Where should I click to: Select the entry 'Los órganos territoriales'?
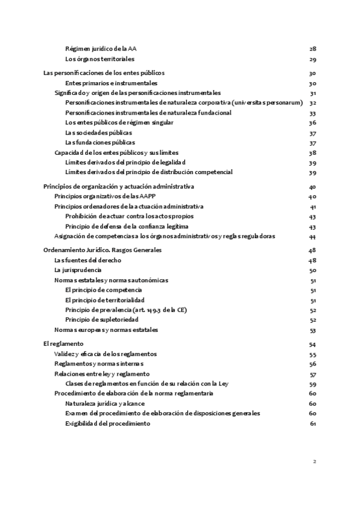click(x=100, y=59)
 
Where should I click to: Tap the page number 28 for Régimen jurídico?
click(x=313, y=49)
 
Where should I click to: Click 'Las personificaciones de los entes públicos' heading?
click(x=104, y=73)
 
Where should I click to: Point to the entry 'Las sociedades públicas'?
click(x=99, y=132)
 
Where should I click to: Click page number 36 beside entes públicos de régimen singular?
click(x=313, y=122)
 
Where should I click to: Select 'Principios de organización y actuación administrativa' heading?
click(x=119, y=186)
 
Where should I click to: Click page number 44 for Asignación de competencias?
click(x=313, y=236)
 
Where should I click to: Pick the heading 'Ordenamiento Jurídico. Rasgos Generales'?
click(x=103, y=250)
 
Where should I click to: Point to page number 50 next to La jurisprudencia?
click(x=313, y=270)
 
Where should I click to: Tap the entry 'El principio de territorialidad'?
click(x=105, y=300)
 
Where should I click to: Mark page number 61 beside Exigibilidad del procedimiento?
click(x=313, y=424)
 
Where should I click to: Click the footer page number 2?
click(x=314, y=462)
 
